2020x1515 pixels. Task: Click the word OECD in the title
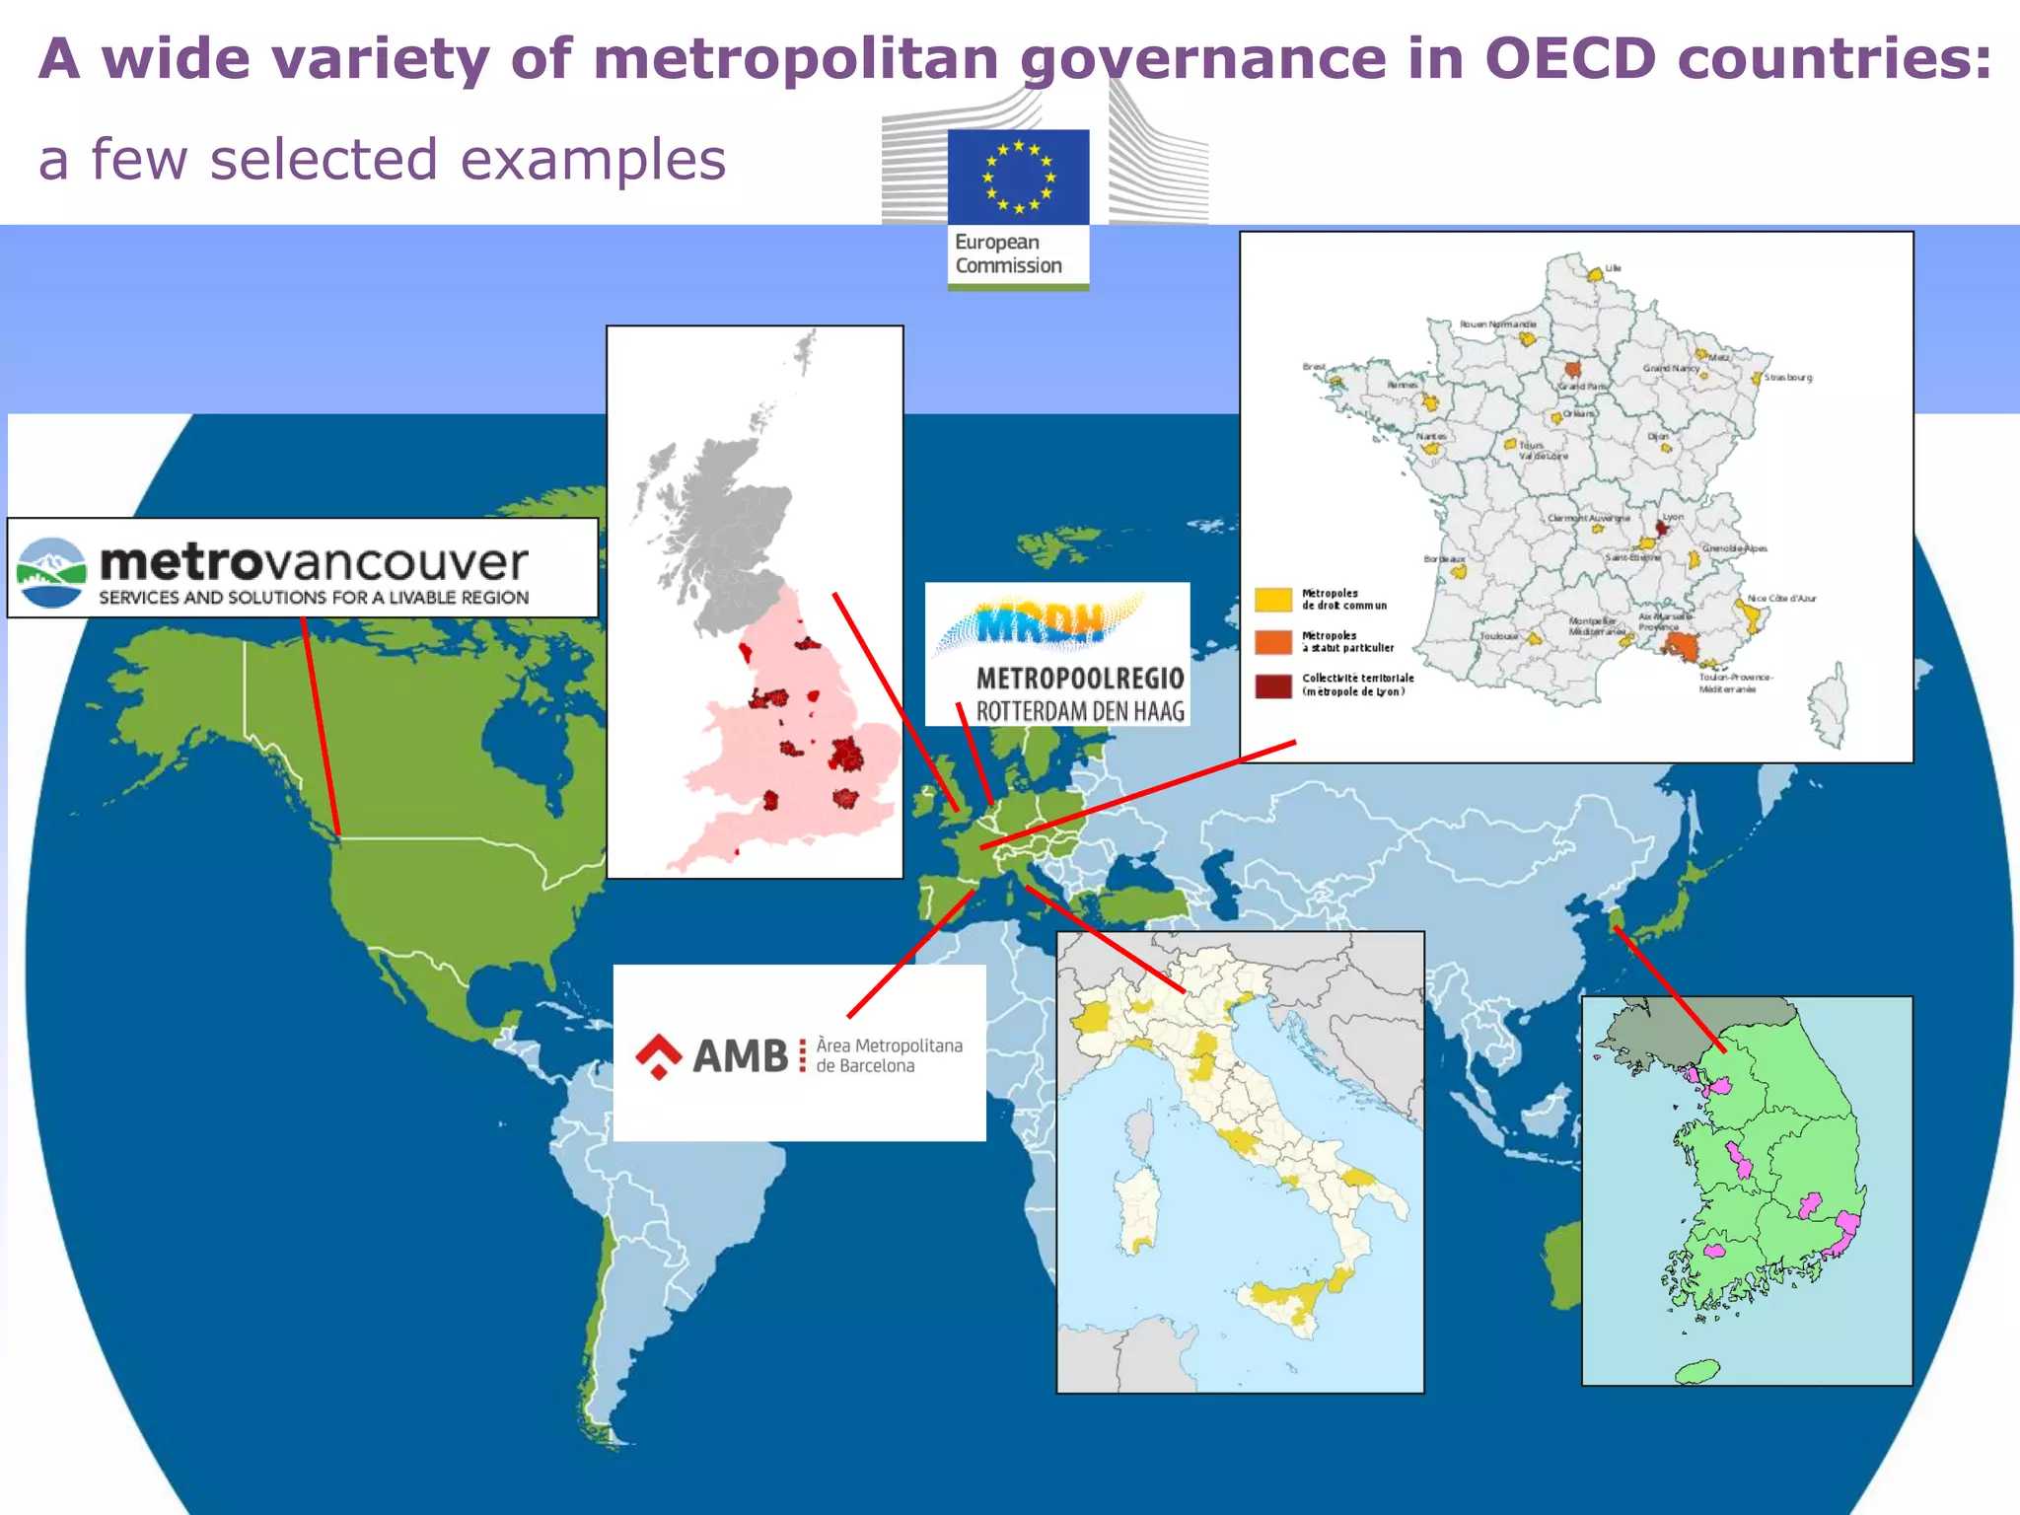pyautogui.click(x=1570, y=59)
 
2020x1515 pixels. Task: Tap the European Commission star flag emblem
pyautogui.click(x=1018, y=178)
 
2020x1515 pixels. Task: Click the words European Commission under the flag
pyautogui.click(x=1008, y=254)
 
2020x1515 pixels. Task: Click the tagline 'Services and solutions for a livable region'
pyautogui.click(x=314, y=598)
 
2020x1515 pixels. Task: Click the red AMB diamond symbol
pyautogui.click(x=658, y=1055)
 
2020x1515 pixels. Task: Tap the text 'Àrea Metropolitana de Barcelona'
pyautogui.click(x=888, y=1055)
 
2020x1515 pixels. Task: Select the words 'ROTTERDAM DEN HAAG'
pyautogui.click(x=1080, y=710)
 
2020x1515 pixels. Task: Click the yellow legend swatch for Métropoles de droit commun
pyautogui.click(x=1272, y=600)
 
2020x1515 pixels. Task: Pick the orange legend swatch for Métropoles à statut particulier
pyautogui.click(x=1272, y=642)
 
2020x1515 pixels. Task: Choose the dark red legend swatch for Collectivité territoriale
pyautogui.click(x=1272, y=685)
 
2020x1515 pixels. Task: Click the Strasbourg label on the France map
pyautogui.click(x=1787, y=377)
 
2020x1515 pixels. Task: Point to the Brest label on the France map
pyautogui.click(x=1314, y=367)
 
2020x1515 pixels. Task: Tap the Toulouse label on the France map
pyautogui.click(x=1498, y=636)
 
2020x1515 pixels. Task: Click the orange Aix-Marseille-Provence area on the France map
pyautogui.click(x=1680, y=645)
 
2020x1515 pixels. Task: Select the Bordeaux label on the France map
pyautogui.click(x=1443, y=559)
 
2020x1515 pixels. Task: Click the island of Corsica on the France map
pyautogui.click(x=1830, y=705)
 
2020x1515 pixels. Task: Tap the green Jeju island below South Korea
pyautogui.click(x=1696, y=1371)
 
